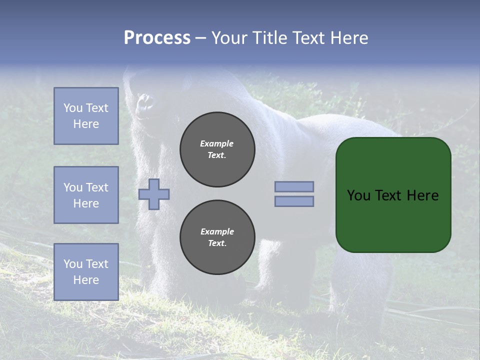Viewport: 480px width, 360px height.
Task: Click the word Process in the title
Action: point(157,38)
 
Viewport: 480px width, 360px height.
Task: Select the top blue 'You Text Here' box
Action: point(86,116)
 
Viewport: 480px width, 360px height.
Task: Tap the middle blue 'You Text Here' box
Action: point(86,195)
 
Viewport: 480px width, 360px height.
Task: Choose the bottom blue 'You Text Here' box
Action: point(86,272)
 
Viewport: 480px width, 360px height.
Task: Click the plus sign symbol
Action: point(154,194)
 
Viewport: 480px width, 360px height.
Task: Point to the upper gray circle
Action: point(217,149)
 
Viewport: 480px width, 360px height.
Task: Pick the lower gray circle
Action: point(217,237)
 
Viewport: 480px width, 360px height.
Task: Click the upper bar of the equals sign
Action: point(294,187)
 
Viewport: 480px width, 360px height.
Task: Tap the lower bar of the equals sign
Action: point(294,201)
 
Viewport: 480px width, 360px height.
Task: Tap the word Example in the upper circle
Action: point(217,144)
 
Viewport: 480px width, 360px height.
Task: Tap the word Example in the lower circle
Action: point(217,232)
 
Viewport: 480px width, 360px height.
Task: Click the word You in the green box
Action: point(358,195)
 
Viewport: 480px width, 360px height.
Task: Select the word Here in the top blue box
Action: point(86,124)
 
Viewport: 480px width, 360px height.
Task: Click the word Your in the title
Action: point(230,38)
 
